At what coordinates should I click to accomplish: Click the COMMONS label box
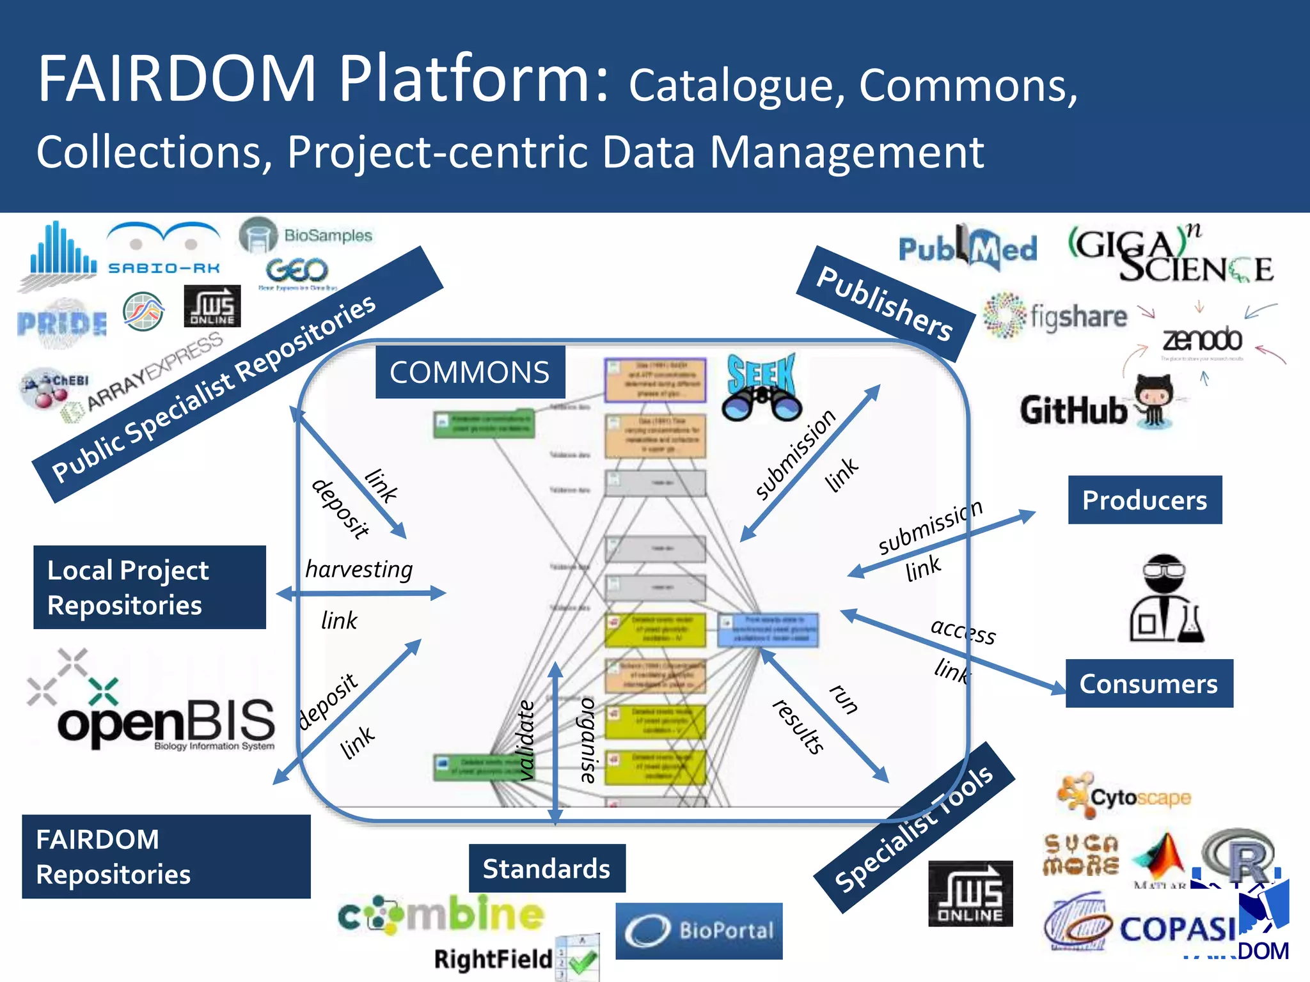coord(470,372)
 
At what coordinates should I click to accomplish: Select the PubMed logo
coord(967,248)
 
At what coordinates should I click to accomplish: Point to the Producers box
coord(1144,500)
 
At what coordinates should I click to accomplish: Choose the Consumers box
coord(1148,683)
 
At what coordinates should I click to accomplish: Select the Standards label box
coord(546,868)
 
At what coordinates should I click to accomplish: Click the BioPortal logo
coord(698,930)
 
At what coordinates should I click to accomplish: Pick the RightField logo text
coord(493,959)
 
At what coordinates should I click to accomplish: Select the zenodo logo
coord(1201,339)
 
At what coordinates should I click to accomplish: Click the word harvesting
coord(358,568)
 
